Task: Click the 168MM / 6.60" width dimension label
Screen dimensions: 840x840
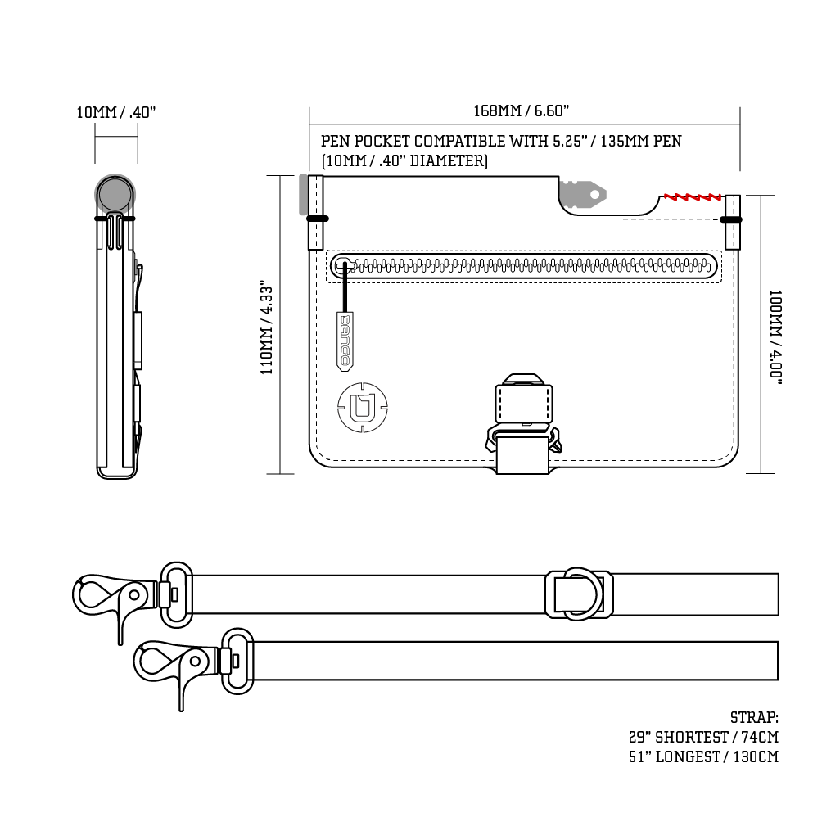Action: [x=522, y=111]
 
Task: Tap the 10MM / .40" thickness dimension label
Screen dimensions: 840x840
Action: [x=115, y=112]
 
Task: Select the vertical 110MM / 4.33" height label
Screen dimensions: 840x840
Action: [x=267, y=327]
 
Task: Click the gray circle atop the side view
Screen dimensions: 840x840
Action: [x=115, y=195]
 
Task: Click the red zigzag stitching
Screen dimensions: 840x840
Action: [x=693, y=196]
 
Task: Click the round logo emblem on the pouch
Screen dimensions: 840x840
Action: [x=362, y=406]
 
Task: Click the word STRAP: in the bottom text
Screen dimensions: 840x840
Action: [x=754, y=718]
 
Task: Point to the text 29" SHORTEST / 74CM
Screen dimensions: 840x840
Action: [x=702, y=738]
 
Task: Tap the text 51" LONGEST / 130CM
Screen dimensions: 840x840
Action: [x=702, y=757]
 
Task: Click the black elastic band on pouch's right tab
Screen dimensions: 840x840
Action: [x=731, y=219]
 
